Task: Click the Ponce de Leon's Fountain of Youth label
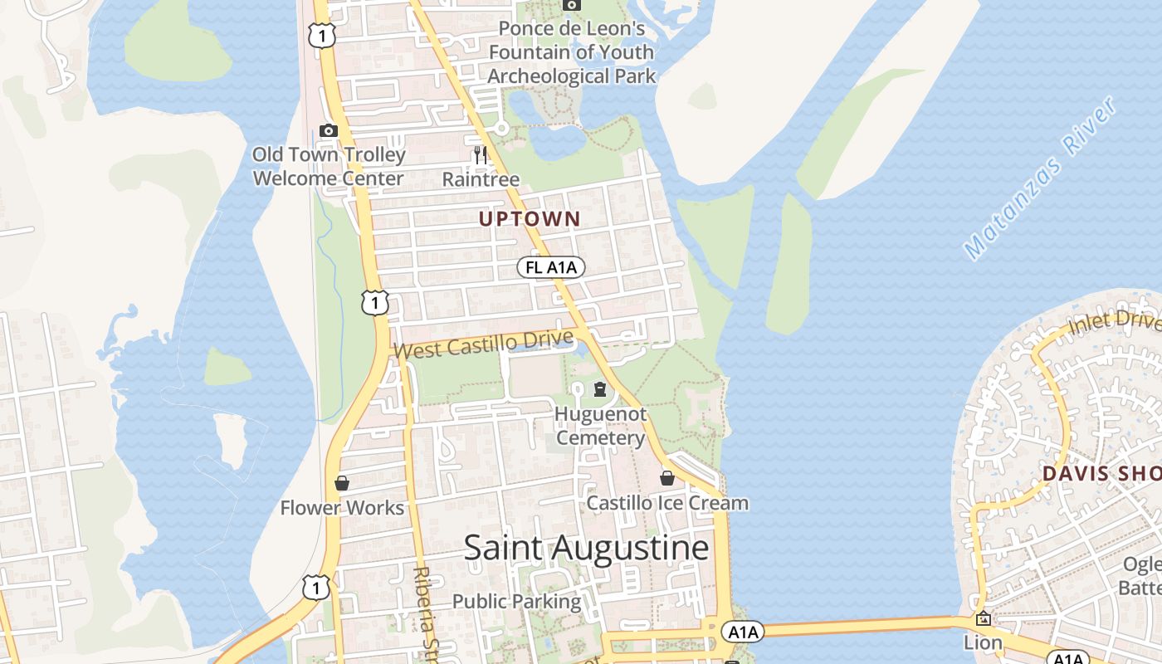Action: [x=572, y=52]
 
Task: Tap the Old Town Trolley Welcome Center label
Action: [x=329, y=167]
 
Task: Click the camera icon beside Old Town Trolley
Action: [x=329, y=130]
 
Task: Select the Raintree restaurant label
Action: [x=481, y=179]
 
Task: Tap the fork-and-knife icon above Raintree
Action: [x=480, y=154]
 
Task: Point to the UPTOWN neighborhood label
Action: [x=530, y=219]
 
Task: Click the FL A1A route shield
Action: [x=551, y=267]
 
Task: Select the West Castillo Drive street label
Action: [x=483, y=344]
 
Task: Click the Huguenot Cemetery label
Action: [x=600, y=426]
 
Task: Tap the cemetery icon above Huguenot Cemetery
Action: [x=600, y=388]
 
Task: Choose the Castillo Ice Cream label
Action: [x=667, y=503]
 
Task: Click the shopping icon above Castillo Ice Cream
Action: [x=667, y=478]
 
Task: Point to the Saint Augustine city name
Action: [x=586, y=549]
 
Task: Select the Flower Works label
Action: [x=342, y=508]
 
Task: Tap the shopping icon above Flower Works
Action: [x=342, y=483]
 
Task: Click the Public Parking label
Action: [x=516, y=601]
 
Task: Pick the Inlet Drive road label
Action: [x=1113, y=322]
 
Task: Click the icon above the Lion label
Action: [x=984, y=618]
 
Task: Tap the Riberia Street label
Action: [x=424, y=610]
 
